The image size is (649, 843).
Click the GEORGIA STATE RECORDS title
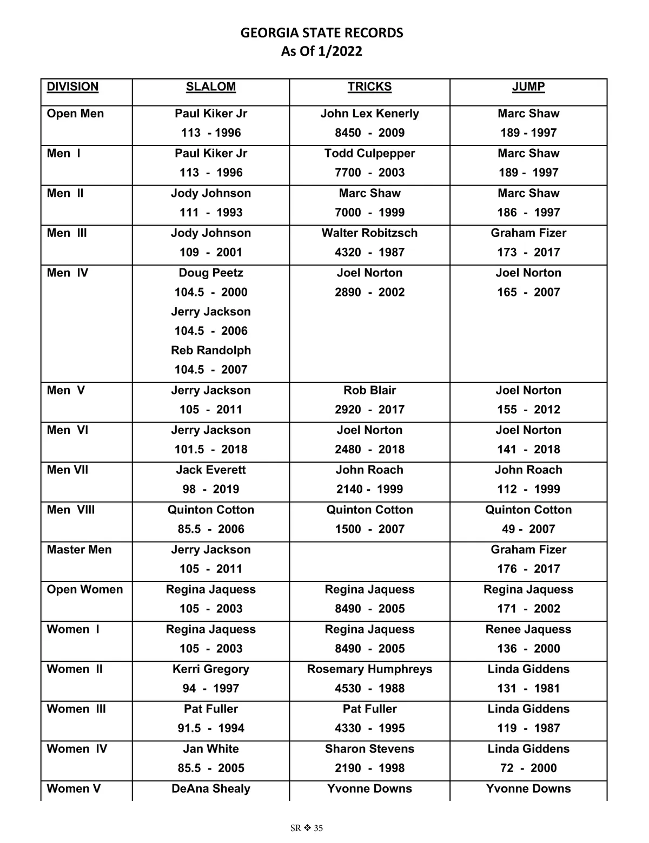coord(322,33)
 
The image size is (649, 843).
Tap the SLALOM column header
coord(211,87)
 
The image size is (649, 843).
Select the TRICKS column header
coord(369,87)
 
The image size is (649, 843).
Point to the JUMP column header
coord(528,87)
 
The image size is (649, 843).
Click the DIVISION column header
coord(72,87)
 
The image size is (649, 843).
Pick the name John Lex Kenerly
coord(369,114)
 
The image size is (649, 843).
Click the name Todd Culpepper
coord(369,153)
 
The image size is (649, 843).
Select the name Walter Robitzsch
coord(369,233)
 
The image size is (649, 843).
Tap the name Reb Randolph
coord(211,350)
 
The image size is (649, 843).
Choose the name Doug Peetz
coord(211,273)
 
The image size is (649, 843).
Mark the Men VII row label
coord(68,470)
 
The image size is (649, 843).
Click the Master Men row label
coord(79,549)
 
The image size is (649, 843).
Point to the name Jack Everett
coord(211,470)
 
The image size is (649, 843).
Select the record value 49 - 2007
coord(528,529)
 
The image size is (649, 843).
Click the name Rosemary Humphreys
coord(369,669)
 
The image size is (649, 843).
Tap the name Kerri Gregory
coord(211,669)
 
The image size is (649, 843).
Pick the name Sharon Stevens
coord(369,749)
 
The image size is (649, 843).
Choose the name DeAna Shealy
coord(211,788)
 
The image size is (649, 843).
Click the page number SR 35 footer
coord(307,828)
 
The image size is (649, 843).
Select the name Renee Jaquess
coord(528,629)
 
